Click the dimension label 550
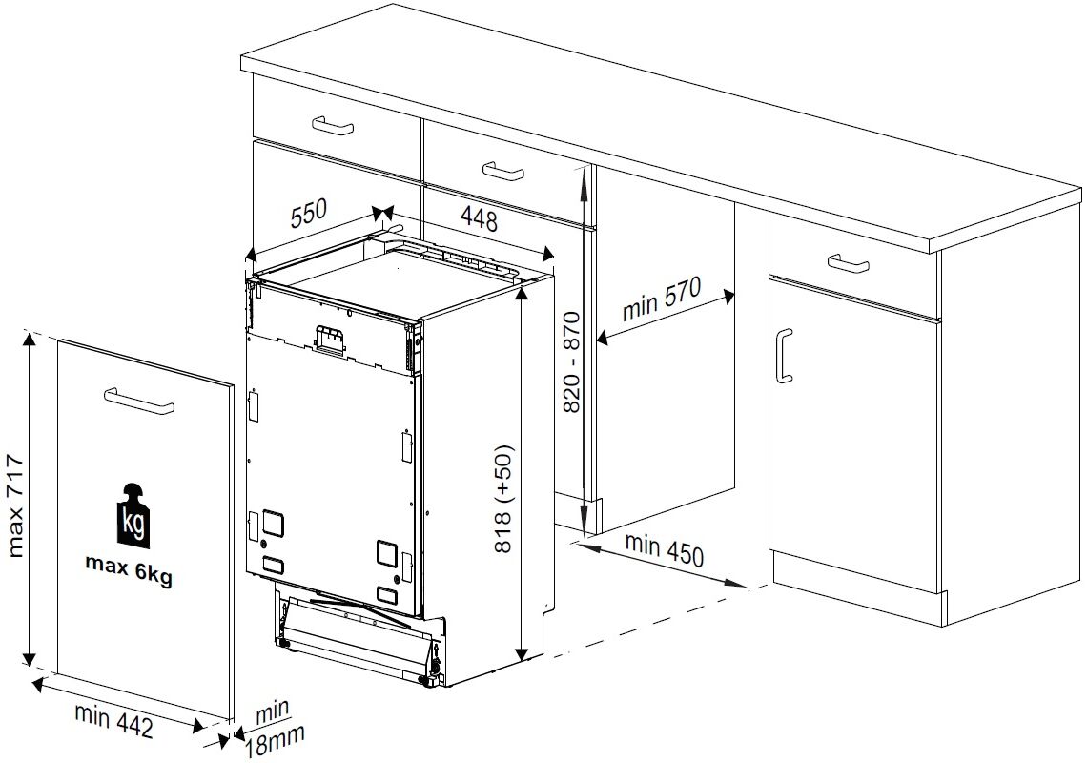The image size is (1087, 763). point(309,213)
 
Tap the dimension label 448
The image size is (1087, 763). point(479,219)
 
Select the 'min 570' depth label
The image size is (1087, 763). point(662,299)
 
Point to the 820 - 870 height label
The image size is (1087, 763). point(571,361)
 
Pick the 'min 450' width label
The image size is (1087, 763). point(665,549)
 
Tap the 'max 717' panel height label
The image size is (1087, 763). point(15,506)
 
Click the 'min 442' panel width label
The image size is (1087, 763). point(113,719)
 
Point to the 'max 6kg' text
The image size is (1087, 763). point(129,569)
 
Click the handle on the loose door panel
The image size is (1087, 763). point(138,401)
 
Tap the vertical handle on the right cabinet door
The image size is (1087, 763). point(784,355)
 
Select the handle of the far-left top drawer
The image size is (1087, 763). point(333,126)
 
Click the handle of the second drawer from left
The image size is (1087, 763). point(503,171)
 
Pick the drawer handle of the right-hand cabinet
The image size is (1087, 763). point(849,263)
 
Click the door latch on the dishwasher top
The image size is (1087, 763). point(329,338)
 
